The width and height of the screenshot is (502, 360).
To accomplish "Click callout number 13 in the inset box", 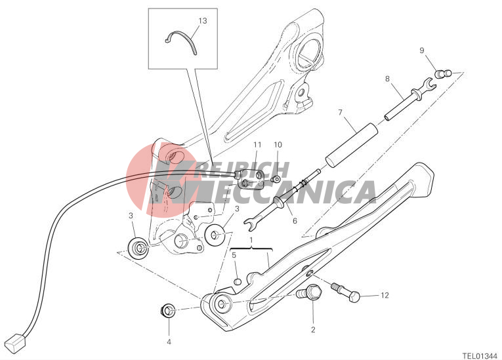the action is [203, 21].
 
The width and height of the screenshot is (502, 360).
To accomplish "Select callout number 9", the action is [422, 50].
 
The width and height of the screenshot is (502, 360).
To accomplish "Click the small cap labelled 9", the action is [443, 73].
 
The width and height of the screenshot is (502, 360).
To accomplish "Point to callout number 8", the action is [387, 79].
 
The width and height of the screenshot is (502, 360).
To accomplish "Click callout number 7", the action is [340, 112].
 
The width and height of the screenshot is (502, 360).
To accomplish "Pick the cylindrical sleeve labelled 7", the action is [352, 144].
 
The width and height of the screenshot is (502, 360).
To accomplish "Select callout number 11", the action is [257, 145].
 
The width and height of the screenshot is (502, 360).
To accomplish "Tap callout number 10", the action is [278, 145].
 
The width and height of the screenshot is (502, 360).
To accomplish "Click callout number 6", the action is [295, 220].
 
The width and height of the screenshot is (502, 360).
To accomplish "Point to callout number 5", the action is [234, 255].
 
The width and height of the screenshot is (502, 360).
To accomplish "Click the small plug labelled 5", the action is [237, 282].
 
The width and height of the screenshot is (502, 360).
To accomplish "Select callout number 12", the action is [385, 295].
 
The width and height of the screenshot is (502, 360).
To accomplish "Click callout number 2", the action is [313, 329].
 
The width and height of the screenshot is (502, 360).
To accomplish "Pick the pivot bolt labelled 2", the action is [310, 291].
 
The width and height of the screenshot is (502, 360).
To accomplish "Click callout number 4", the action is [169, 342].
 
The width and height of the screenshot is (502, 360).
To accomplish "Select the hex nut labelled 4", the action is [167, 311].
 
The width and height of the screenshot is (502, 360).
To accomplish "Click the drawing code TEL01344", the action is [480, 355].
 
